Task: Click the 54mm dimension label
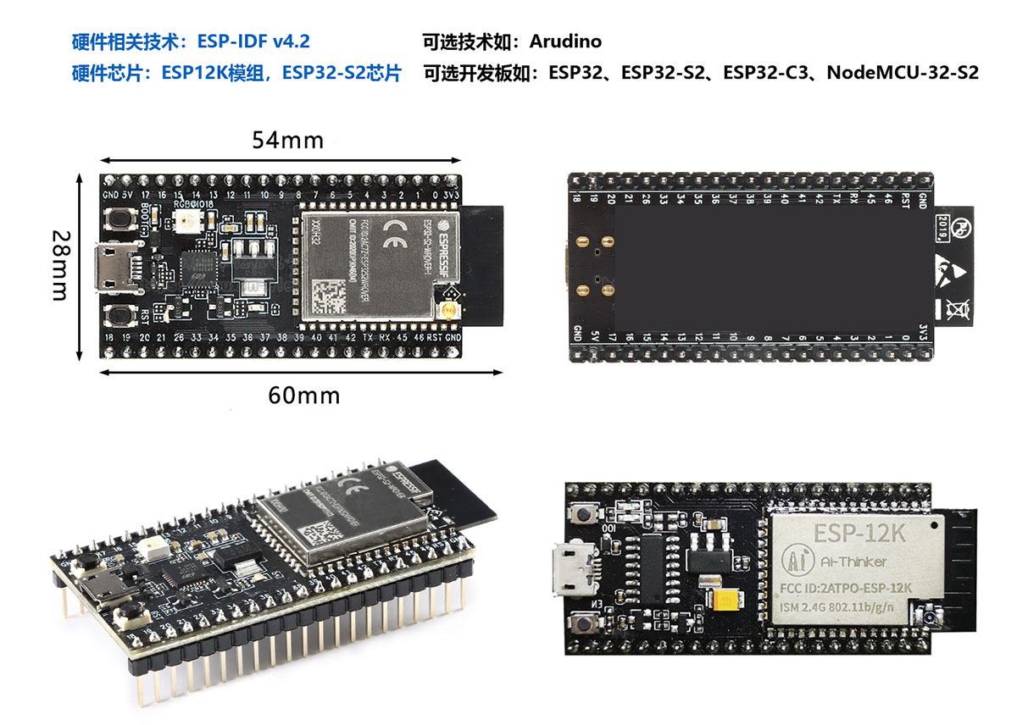click(287, 141)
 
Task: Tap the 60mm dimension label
click(303, 395)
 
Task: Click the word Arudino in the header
click(566, 41)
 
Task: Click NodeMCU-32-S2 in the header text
click(903, 73)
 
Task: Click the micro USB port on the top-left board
click(111, 266)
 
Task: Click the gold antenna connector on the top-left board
click(447, 312)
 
